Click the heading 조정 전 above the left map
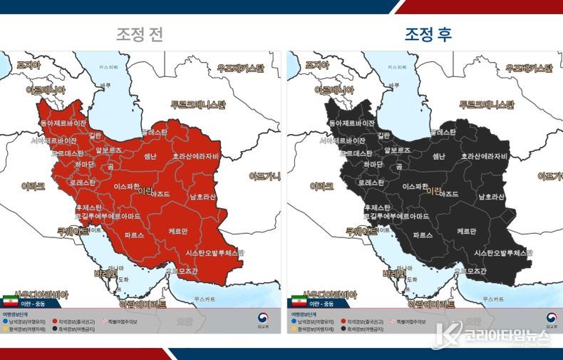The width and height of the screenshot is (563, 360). (x=140, y=34)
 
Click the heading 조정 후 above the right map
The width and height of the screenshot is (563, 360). (x=428, y=34)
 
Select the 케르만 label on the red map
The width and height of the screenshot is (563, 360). (x=179, y=232)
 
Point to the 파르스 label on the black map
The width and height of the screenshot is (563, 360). (x=423, y=234)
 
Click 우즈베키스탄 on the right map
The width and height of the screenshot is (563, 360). (x=528, y=68)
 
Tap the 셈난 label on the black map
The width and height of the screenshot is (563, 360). (x=439, y=156)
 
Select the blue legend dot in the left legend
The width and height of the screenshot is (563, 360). (x=5, y=322)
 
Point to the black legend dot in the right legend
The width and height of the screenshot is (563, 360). (x=346, y=329)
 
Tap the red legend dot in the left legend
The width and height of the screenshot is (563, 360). (x=56, y=322)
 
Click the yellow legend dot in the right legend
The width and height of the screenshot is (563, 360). (x=294, y=329)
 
